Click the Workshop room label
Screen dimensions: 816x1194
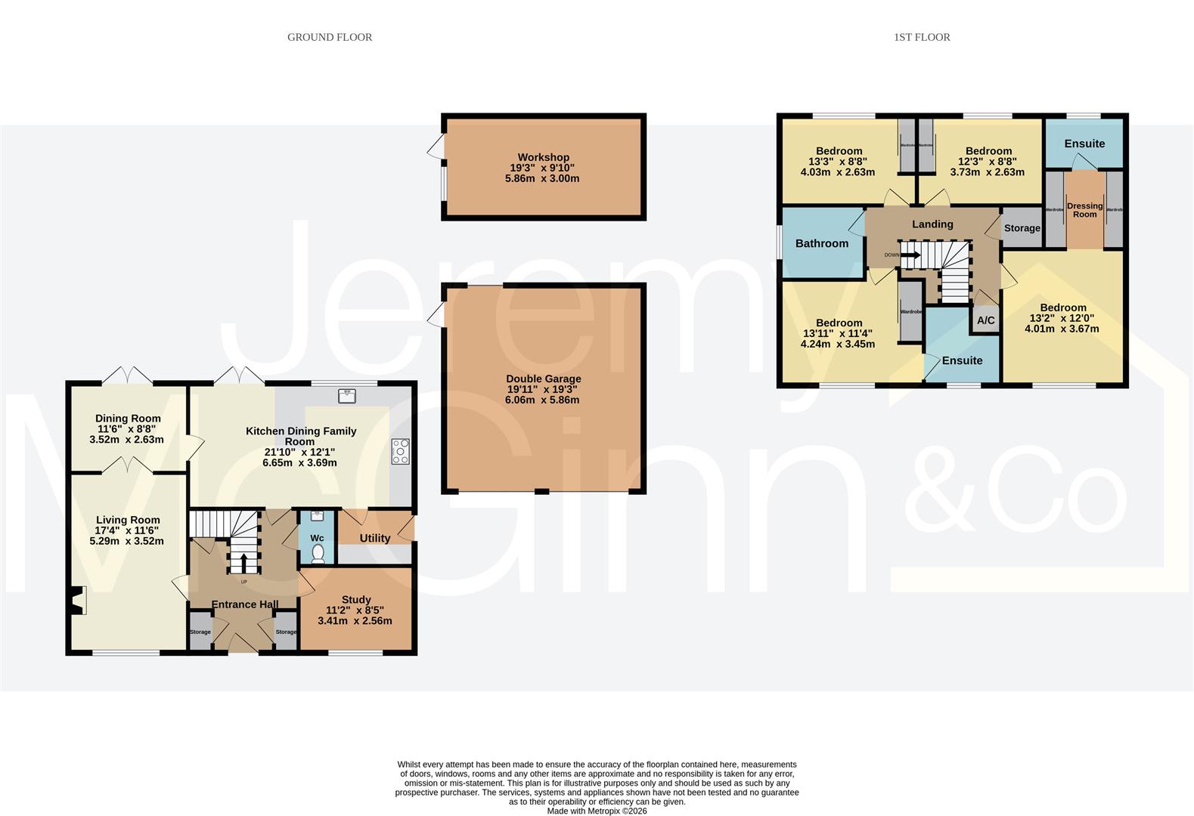[543, 158]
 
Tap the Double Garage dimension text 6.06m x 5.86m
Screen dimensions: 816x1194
[542, 400]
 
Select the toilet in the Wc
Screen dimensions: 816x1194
[318, 555]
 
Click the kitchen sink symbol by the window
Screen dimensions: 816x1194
[347, 395]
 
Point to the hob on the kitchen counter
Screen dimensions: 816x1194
[400, 451]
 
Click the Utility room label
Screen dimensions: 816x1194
[374, 538]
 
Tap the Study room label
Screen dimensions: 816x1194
[355, 599]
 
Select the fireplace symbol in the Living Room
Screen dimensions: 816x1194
[77, 601]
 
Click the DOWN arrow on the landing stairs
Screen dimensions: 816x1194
[910, 255]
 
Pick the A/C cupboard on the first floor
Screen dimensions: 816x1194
[985, 320]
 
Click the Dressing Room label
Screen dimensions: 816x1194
[1084, 210]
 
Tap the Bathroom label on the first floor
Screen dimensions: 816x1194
[821, 243]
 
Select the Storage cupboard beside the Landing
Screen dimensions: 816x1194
[1022, 227]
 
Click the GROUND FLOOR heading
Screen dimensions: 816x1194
[330, 37]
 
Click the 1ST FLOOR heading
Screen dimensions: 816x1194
[921, 37]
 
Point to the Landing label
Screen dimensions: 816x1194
[932, 224]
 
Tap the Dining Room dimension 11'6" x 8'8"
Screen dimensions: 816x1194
[127, 428]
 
